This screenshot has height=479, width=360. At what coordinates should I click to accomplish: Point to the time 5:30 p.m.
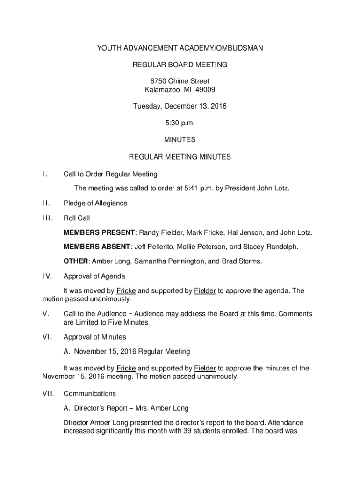(x=180, y=123)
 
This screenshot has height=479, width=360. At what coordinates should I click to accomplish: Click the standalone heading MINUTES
(x=180, y=140)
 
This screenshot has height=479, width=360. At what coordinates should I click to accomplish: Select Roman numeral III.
(x=47, y=218)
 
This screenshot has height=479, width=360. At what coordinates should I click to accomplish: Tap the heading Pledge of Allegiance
(x=95, y=203)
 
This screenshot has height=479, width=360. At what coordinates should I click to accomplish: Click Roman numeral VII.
(x=48, y=394)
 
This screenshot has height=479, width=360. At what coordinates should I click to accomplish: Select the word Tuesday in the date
(x=147, y=106)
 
